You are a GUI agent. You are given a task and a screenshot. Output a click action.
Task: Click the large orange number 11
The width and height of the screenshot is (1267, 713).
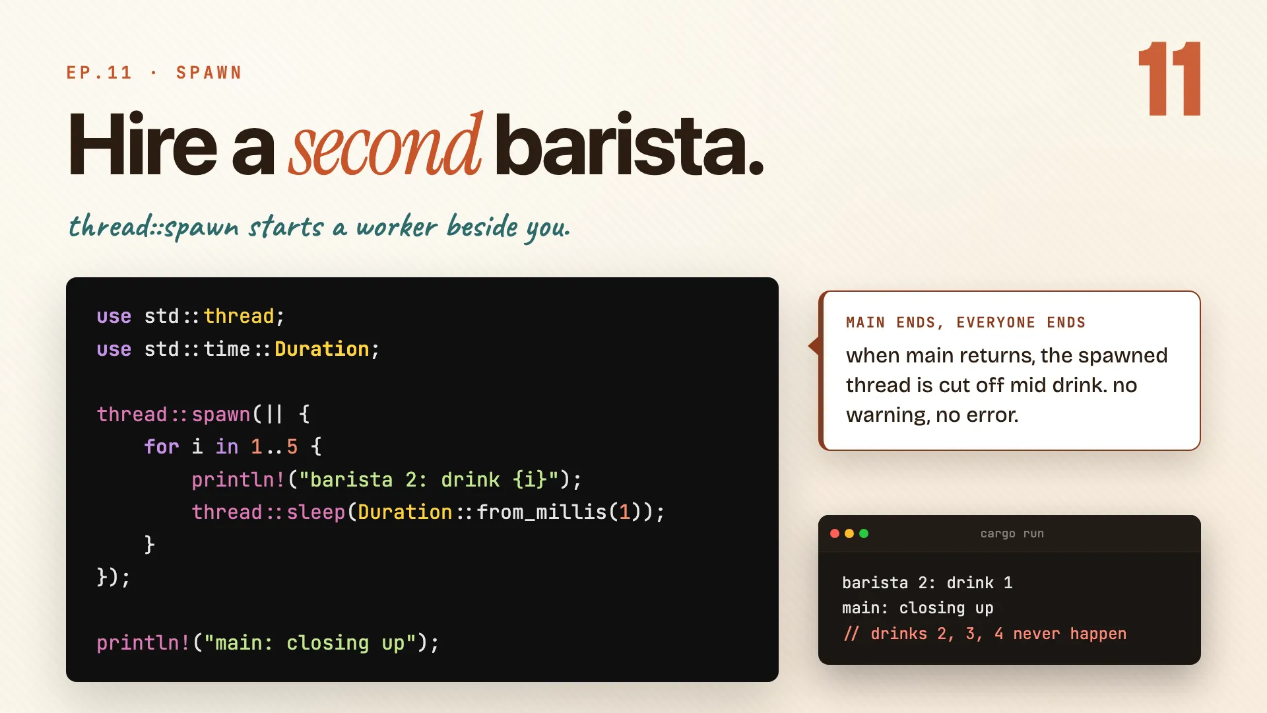(x=1169, y=79)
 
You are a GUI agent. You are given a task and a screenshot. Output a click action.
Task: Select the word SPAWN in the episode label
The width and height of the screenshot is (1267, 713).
(x=209, y=73)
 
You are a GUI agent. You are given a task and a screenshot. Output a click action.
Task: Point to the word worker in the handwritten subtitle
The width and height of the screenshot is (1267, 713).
(x=397, y=226)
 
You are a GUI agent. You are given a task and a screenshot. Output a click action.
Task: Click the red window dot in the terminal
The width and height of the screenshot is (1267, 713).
(x=835, y=533)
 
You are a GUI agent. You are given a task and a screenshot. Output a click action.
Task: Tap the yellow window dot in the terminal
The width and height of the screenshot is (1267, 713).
(x=849, y=533)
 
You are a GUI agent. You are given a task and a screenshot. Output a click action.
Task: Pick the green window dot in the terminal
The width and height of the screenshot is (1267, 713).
(x=864, y=533)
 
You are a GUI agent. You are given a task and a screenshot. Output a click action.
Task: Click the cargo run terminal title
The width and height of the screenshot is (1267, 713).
(x=1012, y=533)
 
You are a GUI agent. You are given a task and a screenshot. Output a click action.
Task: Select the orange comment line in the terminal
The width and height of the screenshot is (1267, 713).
(x=985, y=634)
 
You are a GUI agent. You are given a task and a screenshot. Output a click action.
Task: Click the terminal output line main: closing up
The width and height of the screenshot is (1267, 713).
(x=918, y=608)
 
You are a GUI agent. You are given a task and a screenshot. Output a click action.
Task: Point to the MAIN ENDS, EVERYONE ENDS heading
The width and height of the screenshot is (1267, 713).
(x=966, y=323)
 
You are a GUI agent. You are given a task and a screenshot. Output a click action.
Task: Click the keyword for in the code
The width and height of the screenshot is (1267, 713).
(x=162, y=447)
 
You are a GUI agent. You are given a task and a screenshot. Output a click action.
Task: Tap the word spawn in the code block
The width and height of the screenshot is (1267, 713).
(x=221, y=415)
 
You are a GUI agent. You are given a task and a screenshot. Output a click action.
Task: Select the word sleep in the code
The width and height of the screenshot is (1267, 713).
(x=316, y=512)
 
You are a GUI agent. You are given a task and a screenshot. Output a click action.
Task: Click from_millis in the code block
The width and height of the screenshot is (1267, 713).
(x=542, y=512)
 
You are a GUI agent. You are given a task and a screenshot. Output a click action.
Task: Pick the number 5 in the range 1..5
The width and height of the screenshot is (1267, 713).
(x=292, y=447)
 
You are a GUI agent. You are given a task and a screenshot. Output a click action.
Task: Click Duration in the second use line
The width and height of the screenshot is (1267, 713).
(x=322, y=349)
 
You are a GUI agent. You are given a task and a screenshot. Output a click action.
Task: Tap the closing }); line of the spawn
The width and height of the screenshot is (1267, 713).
(x=114, y=577)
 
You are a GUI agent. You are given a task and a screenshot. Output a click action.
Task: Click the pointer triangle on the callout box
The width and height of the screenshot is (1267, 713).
(x=814, y=345)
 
